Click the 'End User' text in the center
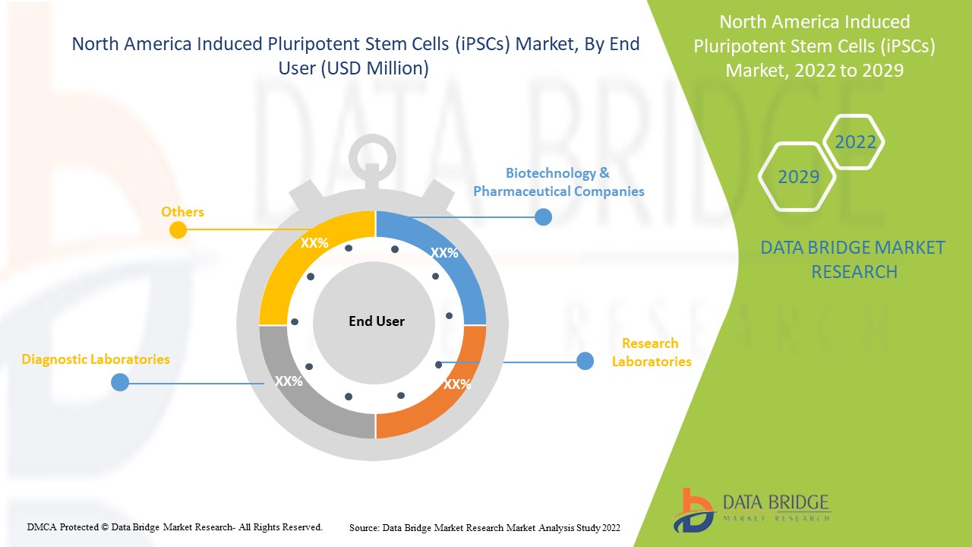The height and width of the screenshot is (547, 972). click(377, 321)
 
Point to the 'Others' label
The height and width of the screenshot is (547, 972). click(182, 212)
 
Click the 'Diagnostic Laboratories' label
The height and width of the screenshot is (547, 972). click(96, 359)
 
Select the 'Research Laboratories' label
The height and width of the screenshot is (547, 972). click(652, 353)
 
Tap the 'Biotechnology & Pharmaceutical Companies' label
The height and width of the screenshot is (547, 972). click(558, 182)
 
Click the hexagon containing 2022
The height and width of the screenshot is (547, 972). click(855, 142)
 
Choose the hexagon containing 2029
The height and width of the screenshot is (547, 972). click(798, 177)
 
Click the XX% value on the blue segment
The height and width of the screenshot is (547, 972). click(444, 253)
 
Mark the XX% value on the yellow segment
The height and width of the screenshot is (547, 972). click(314, 243)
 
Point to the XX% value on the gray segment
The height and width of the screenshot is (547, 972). click(289, 381)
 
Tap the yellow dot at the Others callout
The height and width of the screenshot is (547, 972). click(178, 229)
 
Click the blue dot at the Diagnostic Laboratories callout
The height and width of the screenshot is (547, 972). click(120, 382)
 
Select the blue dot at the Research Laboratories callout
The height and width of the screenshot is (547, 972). click(585, 361)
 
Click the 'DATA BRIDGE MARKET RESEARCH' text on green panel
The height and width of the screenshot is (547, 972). click(854, 259)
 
